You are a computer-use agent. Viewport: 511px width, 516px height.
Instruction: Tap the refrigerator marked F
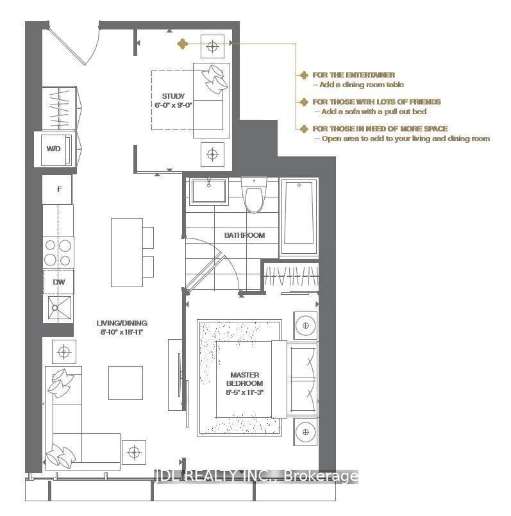coord(59,189)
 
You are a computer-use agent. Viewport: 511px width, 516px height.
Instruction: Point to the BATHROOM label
coord(244,235)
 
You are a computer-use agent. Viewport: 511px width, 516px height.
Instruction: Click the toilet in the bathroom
coord(254,194)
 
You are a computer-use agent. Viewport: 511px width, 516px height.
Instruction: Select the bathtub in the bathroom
coord(299,212)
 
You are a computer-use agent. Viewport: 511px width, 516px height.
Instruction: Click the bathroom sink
coord(208,190)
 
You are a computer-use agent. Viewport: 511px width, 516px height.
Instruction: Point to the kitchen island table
coord(126,252)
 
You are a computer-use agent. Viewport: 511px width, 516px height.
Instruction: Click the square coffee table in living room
coord(125,382)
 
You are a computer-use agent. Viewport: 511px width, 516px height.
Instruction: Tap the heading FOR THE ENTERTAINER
coord(353,75)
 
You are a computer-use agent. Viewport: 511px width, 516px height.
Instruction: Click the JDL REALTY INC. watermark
coord(255,476)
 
